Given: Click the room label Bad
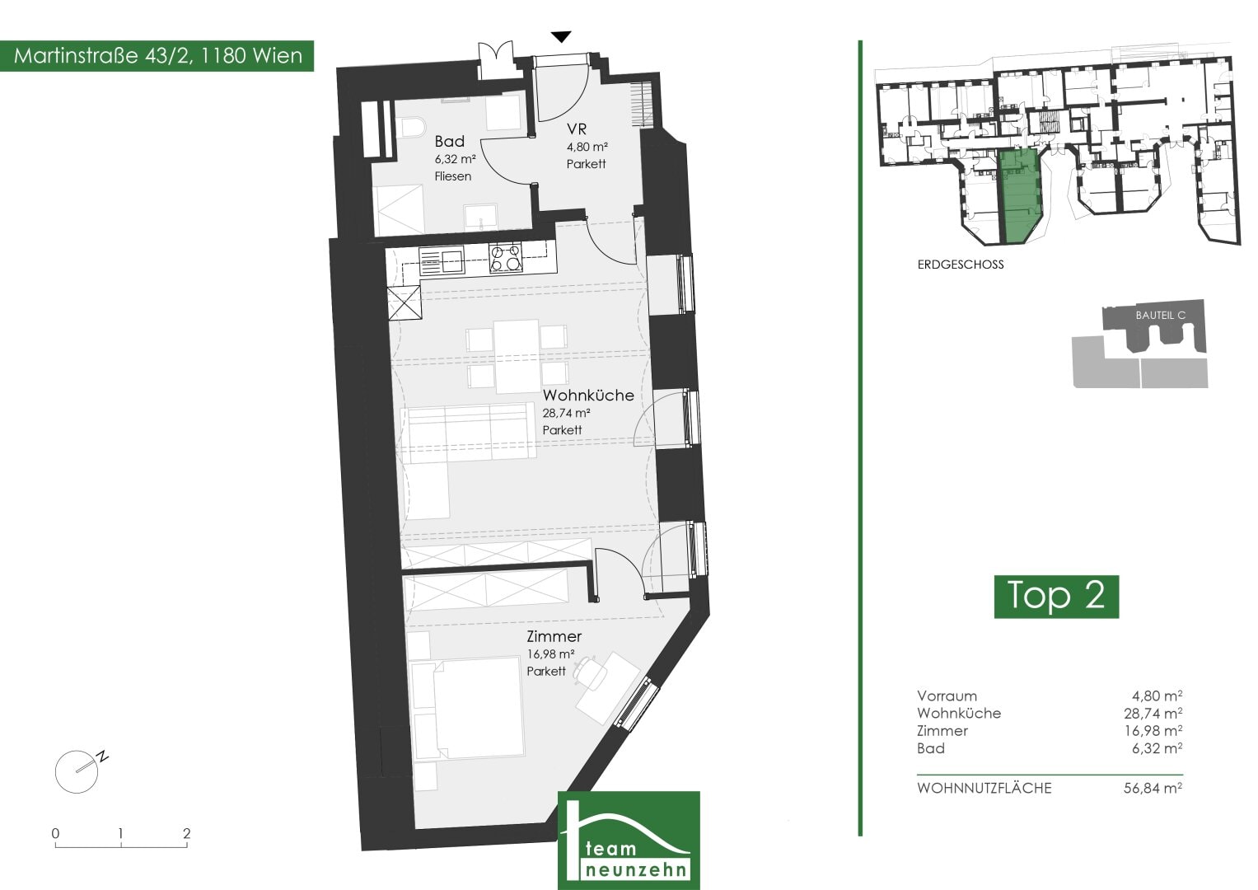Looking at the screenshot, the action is (x=449, y=140).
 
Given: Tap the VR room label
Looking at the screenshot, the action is (x=577, y=129).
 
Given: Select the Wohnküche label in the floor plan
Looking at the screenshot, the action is (x=588, y=395).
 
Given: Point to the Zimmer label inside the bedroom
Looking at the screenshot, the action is (x=554, y=636).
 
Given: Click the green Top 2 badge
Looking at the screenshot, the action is (x=1056, y=596).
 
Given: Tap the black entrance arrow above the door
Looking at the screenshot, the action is (x=561, y=36).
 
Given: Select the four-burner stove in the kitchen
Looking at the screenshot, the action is (x=506, y=258).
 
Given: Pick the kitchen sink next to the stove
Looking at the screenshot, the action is (x=442, y=261).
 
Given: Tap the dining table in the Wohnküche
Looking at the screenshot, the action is (x=517, y=356).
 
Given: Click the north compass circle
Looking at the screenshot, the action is (x=77, y=771).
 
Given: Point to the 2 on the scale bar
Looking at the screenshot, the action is (x=186, y=832).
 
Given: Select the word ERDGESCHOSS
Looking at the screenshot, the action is (x=961, y=264).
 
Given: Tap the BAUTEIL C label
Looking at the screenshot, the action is (x=1160, y=315).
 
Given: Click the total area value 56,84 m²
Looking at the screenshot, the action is (x=1153, y=788).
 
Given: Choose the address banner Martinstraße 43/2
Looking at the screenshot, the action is (x=157, y=56).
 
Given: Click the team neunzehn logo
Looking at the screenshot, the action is (x=629, y=841).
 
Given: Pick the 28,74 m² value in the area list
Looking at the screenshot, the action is (x=1153, y=713).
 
